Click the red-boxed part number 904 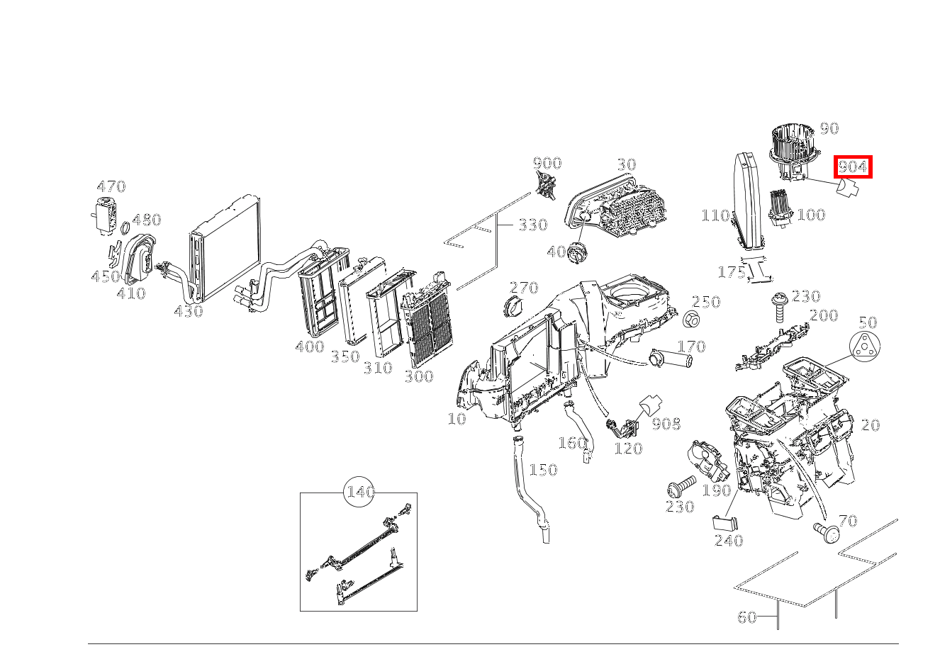pyautogui.click(x=852, y=167)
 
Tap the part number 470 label pyautogui.click(x=111, y=186)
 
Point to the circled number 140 pyautogui.click(x=360, y=492)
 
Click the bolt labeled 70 pyautogui.click(x=825, y=531)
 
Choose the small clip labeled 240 pyautogui.click(x=724, y=523)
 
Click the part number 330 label pyautogui.click(x=532, y=225)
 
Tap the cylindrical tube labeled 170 pyautogui.click(x=669, y=359)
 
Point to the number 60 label pyautogui.click(x=746, y=617)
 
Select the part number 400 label pyautogui.click(x=309, y=347)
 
